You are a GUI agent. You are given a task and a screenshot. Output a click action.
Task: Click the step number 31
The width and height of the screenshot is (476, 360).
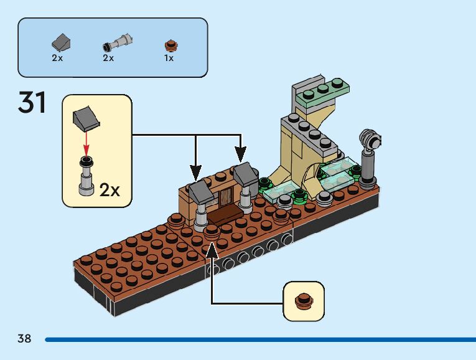pyautogui.click(x=32, y=103)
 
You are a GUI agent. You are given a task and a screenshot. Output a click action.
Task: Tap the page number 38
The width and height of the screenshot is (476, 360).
pyautogui.click(x=24, y=339)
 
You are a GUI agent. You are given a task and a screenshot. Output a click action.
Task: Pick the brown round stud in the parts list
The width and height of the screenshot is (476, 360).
pyautogui.click(x=170, y=44)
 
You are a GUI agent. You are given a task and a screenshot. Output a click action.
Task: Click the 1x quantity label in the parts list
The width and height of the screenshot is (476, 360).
pyautogui.click(x=169, y=58)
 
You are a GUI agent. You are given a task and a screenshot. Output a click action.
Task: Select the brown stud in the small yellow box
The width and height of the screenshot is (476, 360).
pyautogui.click(x=304, y=300)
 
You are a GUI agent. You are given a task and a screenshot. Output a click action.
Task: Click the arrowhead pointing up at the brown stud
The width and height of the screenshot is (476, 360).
pyautogui.click(x=212, y=249)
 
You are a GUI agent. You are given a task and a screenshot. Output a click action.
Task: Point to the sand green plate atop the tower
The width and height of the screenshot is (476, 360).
pyautogui.click(x=322, y=92)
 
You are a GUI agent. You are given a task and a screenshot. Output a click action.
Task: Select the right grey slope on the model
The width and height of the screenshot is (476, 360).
pyautogui.click(x=246, y=174)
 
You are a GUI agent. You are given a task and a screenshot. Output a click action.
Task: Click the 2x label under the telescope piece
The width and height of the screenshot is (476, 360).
pyautogui.click(x=108, y=58)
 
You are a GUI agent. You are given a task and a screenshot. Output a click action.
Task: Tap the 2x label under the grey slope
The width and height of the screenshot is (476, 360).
pyautogui.click(x=57, y=58)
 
